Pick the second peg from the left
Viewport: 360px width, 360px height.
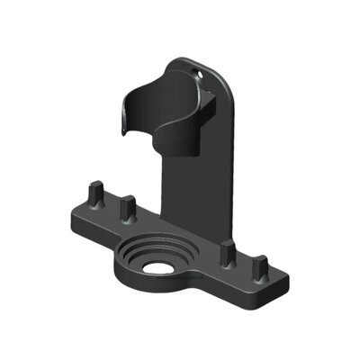point(128,210)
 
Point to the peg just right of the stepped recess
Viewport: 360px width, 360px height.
point(229,254)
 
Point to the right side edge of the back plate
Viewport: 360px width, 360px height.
point(236,162)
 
